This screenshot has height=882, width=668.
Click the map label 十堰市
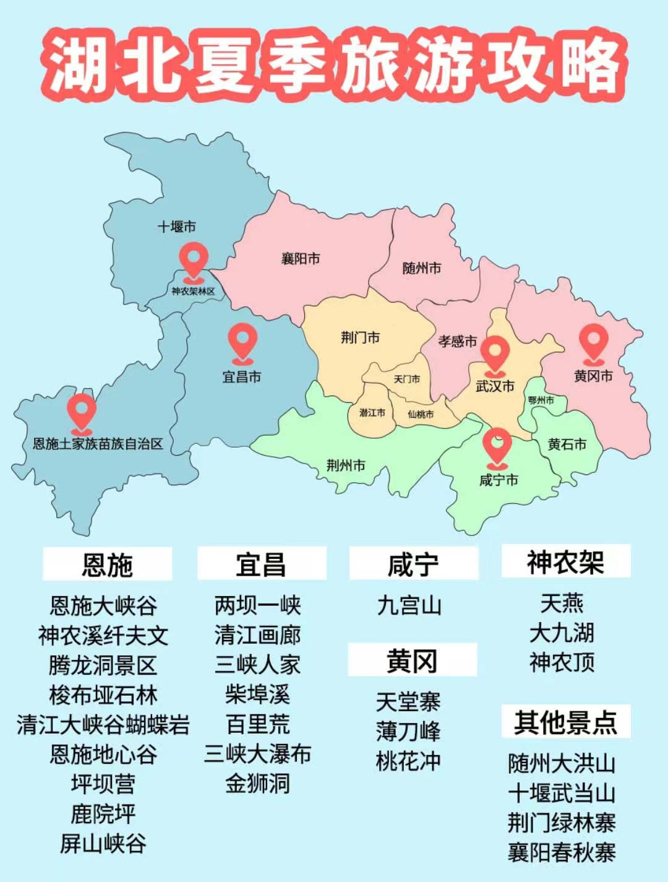176,227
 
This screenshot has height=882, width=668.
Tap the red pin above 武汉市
495,355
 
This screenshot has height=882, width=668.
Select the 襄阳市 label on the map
301,258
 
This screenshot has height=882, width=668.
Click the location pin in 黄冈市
593,343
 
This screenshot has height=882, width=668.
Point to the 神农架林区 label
193,291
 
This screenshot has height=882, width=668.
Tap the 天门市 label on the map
406,379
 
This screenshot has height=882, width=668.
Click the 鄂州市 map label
541,400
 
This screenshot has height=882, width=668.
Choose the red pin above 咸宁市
497,447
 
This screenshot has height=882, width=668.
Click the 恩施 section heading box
107,564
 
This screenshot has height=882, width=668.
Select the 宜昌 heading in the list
261,564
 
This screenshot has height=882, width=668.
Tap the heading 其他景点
565,722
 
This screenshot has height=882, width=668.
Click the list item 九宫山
409,605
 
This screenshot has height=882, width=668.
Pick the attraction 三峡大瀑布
257,754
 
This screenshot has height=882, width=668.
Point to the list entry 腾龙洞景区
103,665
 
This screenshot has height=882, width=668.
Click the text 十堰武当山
562,793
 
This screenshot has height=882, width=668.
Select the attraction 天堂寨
408,702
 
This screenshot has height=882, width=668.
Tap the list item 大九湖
562,633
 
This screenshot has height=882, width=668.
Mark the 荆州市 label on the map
346,465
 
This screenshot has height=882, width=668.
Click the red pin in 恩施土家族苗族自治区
82,412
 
